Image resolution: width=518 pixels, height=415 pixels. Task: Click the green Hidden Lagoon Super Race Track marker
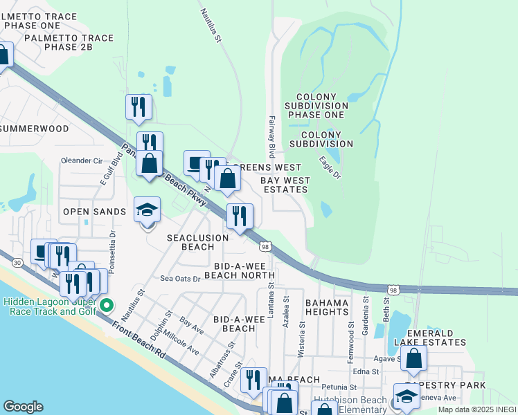[x=106, y=305]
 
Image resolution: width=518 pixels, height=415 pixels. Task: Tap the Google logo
[x=23, y=407]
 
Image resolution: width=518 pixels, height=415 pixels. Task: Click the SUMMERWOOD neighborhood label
[x=35, y=129]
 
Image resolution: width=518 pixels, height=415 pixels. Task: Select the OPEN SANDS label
[x=95, y=212]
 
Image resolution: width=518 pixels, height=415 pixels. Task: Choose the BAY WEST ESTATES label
[x=284, y=185]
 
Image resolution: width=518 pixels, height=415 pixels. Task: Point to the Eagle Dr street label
[x=330, y=167]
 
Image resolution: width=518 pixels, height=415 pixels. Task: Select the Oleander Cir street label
[x=82, y=160]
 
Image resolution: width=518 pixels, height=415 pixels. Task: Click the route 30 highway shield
[x=17, y=261]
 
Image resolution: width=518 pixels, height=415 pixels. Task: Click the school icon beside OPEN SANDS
[x=147, y=210]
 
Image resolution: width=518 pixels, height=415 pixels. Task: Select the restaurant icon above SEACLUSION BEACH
[x=239, y=217]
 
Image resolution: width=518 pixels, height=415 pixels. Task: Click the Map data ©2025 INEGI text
[x=477, y=409]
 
